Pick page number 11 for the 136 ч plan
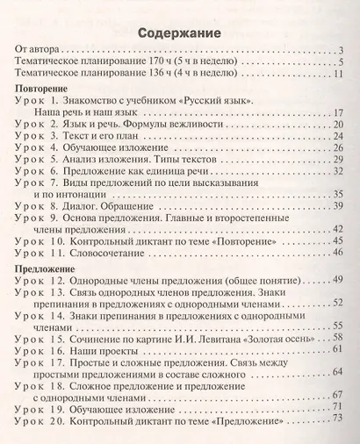[338, 78]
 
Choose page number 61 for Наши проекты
[335, 348]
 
